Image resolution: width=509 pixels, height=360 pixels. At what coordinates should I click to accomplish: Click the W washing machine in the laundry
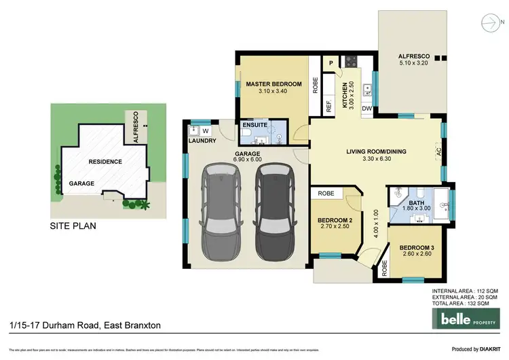[x=206, y=130]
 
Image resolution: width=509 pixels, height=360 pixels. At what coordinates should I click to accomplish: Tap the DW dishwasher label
[x=366, y=109]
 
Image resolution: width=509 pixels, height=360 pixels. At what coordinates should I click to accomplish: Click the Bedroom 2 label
[x=335, y=221]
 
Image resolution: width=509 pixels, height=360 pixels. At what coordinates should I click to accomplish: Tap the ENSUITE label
[x=256, y=126]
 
